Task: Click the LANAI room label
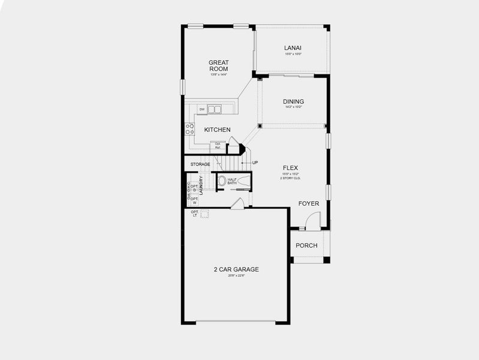[293, 48]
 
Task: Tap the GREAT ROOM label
[218, 65]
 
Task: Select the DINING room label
[293, 101]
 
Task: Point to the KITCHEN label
[217, 130]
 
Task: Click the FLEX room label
[291, 168]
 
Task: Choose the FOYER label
[309, 203]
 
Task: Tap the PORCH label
[306, 245]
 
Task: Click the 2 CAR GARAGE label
[236, 269]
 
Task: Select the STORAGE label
[200, 164]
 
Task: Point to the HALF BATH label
[232, 181]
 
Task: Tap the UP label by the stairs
[255, 163]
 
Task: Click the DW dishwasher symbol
[202, 109]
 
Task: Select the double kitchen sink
[215, 109]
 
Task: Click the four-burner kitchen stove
[189, 129]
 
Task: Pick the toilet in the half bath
[222, 180]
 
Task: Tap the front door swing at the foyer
[312, 223]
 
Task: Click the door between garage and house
[237, 203]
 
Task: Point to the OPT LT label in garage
[194, 214]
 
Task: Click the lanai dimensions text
[293, 55]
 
